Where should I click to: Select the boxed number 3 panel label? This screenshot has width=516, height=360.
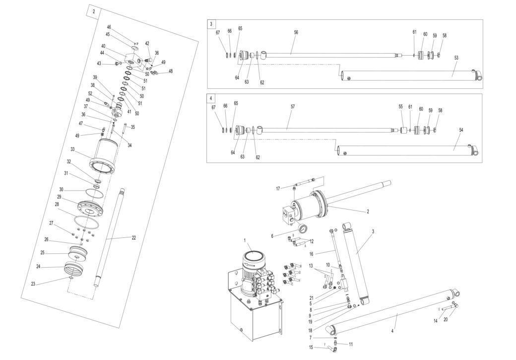(x=211, y=24)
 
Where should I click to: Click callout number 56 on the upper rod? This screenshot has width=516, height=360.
(x=296, y=32)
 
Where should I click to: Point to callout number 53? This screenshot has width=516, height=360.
(x=456, y=58)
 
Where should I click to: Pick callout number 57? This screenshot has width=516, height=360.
(x=293, y=106)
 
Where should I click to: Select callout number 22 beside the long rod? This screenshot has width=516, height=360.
(x=133, y=237)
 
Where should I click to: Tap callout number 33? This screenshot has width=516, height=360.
(x=72, y=149)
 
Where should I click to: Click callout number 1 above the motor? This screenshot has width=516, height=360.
(x=245, y=240)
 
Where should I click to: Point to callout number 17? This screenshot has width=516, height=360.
(x=278, y=188)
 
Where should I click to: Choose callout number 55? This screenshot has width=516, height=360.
(x=401, y=106)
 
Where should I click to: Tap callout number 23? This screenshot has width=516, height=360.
(x=33, y=285)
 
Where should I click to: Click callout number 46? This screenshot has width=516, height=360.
(x=109, y=27)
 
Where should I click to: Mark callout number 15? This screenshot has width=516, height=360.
(x=311, y=347)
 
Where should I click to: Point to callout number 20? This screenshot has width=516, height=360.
(x=445, y=319)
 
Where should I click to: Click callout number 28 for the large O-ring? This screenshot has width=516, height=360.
(x=57, y=204)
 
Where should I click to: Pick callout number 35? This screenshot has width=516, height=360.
(x=132, y=127)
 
